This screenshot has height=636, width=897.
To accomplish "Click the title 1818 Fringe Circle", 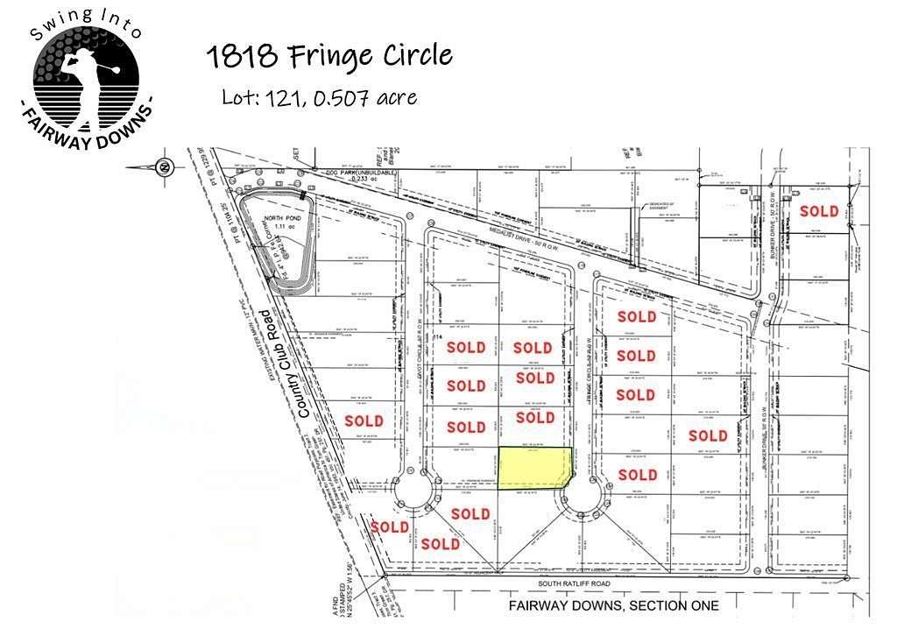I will [x=329, y=57].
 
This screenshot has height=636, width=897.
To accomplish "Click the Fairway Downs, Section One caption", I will [x=613, y=605].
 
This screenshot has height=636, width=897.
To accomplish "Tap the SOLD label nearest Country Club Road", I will [x=364, y=420].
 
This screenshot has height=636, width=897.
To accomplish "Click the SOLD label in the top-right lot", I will [x=819, y=211].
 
